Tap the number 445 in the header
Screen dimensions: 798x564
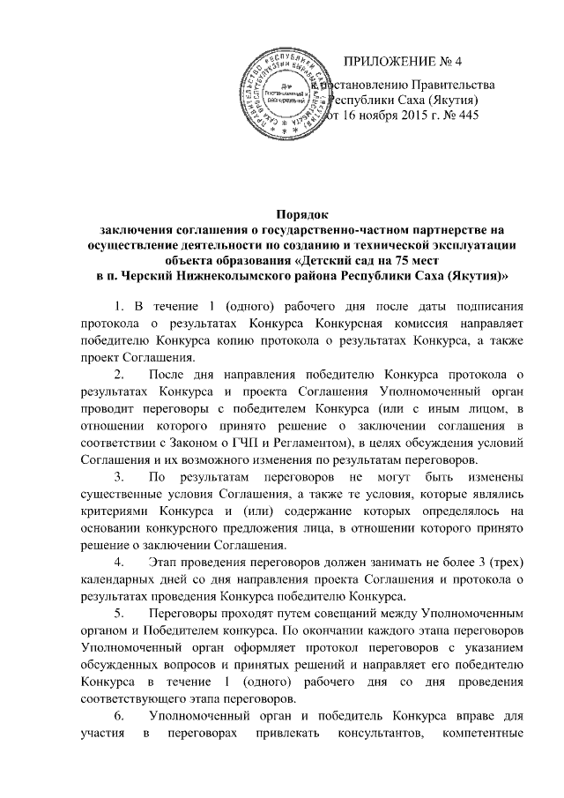(x=464, y=117)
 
